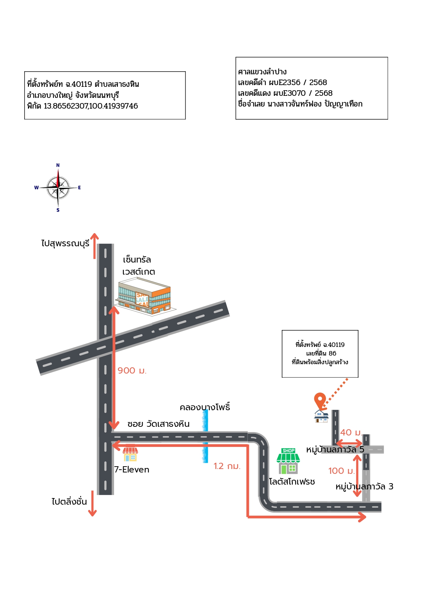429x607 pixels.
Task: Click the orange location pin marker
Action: pyautogui.click(x=320, y=401)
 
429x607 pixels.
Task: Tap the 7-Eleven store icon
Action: pyautogui.click(x=130, y=453)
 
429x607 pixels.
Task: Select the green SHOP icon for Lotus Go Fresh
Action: pyautogui.click(x=288, y=461)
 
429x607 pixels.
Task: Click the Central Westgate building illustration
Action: pyautogui.click(x=145, y=296)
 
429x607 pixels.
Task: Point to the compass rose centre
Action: pyautogui.click(x=58, y=187)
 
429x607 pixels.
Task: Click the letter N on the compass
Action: pyautogui.click(x=58, y=165)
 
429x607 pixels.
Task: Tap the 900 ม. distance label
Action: pyautogui.click(x=132, y=371)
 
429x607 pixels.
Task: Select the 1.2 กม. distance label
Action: pyautogui.click(x=227, y=466)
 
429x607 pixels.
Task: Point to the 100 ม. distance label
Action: pyautogui.click(x=342, y=471)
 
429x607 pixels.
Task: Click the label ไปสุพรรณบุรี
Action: pyautogui.click(x=65, y=243)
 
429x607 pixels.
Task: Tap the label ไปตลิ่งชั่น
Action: pyautogui.click(x=69, y=501)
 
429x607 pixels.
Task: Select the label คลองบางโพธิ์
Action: pyautogui.click(x=205, y=407)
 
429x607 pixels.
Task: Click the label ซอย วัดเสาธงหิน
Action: pyautogui.click(x=158, y=424)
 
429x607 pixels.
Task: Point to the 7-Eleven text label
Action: pyautogui.click(x=132, y=470)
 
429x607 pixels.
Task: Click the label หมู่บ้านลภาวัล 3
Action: pyautogui.click(x=364, y=487)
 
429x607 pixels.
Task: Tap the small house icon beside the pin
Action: pyautogui.click(x=321, y=416)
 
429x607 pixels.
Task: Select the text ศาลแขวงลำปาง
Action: pyautogui.click(x=262, y=72)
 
